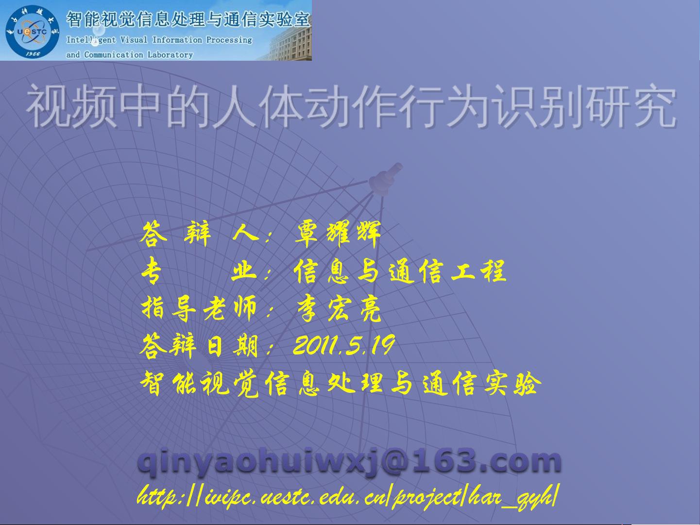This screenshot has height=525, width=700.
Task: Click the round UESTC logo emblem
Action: tap(32, 32)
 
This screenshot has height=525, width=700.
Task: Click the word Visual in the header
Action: tap(134, 40)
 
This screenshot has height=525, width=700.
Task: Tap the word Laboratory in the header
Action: tap(170, 55)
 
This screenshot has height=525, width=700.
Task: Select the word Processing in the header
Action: tap(229, 40)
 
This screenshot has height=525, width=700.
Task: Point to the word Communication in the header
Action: tap(114, 55)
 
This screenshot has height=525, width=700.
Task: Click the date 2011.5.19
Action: tap(344, 345)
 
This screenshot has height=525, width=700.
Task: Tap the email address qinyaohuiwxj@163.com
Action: tap(349, 461)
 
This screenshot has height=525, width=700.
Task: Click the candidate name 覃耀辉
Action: tap(338, 234)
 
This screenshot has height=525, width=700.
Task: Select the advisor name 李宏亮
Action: tap(339, 308)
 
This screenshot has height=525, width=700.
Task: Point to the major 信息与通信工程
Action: tap(400, 271)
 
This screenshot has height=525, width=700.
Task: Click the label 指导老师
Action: tap(199, 308)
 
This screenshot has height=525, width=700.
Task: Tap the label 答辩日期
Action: tap(199, 345)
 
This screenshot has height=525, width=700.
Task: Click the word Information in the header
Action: tap(177, 40)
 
